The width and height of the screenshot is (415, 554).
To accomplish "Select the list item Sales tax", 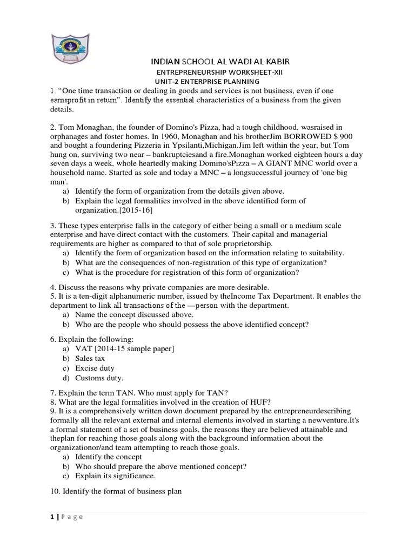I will tap(90, 358).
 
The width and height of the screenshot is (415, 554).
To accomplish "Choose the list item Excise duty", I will tap(95, 368).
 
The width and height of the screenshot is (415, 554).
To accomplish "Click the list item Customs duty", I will tap(99, 378).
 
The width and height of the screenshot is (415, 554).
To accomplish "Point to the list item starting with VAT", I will tap(124, 349).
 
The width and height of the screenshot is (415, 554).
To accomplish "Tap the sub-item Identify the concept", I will tap(109, 457).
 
